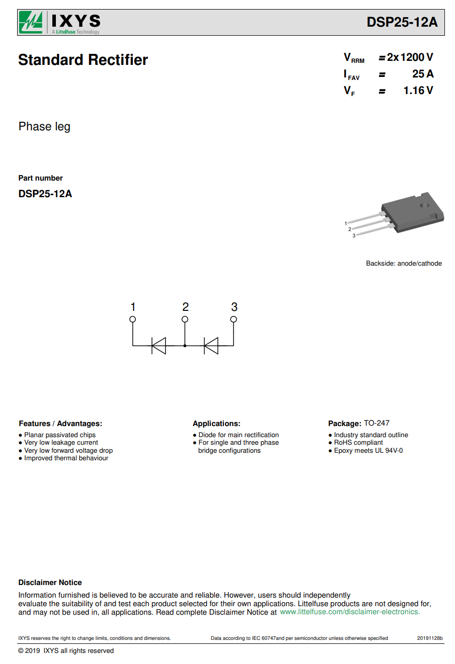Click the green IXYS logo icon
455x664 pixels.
[31, 22]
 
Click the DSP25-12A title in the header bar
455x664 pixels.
[402, 22]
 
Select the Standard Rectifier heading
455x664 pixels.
[83, 60]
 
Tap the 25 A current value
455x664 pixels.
[423, 74]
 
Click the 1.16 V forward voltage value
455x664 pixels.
[418, 91]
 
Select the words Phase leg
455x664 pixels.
[44, 127]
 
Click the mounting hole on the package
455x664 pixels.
[425, 205]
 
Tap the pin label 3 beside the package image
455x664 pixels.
[354, 235]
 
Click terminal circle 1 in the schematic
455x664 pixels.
[132, 319]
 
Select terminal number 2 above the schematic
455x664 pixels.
[185, 307]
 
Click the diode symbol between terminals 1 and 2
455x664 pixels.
[159, 346]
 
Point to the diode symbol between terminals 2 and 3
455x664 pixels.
[211, 346]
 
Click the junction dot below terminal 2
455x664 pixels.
[185, 346]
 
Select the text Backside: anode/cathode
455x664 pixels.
[404, 263]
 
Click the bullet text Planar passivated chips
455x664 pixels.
[60, 435]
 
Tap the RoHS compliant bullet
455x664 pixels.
[358, 443]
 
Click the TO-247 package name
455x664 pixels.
[376, 423]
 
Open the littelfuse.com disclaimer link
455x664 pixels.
[350, 612]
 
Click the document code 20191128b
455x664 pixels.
[430, 638]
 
